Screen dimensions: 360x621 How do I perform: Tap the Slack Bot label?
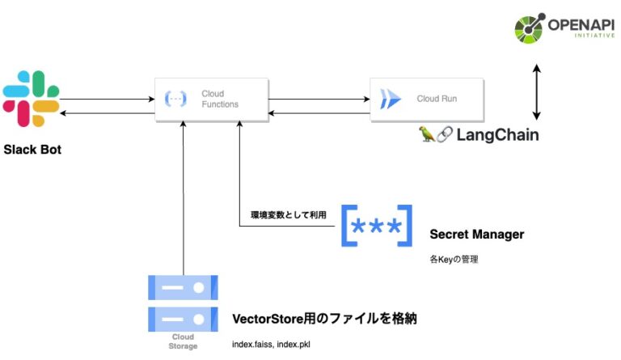click(32, 150)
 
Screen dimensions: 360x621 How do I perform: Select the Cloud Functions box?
click(211, 100)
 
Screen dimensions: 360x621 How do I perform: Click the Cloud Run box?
click(427, 100)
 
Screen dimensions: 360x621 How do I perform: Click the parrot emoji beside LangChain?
click(427, 134)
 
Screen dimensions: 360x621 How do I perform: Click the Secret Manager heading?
click(476, 235)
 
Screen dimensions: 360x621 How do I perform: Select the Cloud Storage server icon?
click(184, 303)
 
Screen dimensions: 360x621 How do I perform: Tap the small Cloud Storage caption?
click(184, 341)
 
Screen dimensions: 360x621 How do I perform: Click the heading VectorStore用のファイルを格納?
click(323, 318)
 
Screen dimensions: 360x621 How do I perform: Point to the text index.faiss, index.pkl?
click(271, 345)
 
